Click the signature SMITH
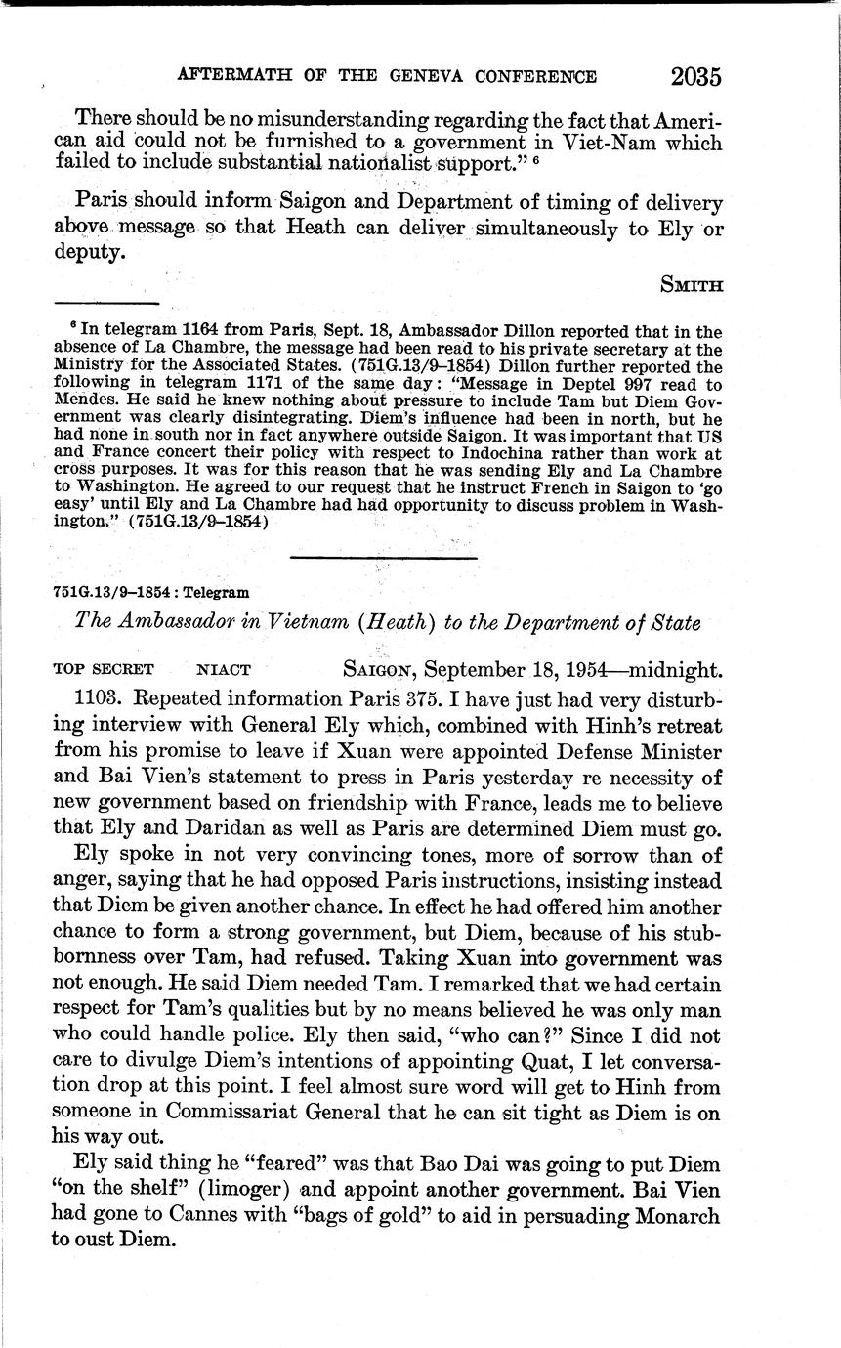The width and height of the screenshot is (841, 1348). tap(691, 285)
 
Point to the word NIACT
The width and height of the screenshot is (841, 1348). tap(224, 670)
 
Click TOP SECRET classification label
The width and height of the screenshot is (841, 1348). tap(103, 670)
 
